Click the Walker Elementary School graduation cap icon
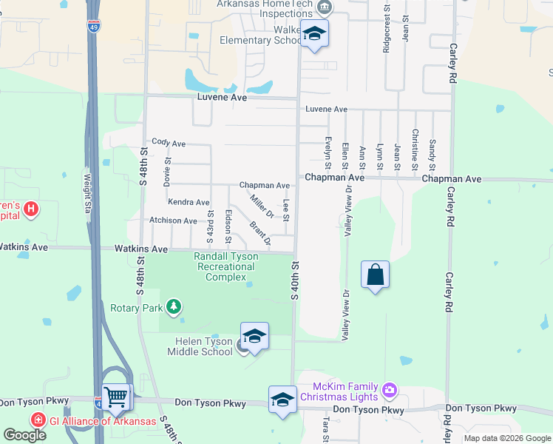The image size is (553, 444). point(315,34)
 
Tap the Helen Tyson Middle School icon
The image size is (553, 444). point(254,337)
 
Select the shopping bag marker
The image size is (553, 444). point(376,275)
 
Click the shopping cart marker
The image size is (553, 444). point(117,398)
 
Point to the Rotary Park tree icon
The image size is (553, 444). point(174,306)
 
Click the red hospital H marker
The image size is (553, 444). point(30,209)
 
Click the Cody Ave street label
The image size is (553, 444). point(168,142)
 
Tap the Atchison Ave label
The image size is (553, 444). point(173,221)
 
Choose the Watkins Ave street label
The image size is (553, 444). point(140,249)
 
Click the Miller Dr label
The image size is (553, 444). point(262,205)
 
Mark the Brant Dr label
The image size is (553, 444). point(260,233)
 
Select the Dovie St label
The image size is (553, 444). point(168,171)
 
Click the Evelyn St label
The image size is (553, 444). point(327,152)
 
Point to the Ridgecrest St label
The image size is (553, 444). point(387,26)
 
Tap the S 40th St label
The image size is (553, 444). point(294,280)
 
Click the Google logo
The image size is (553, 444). point(24,435)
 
